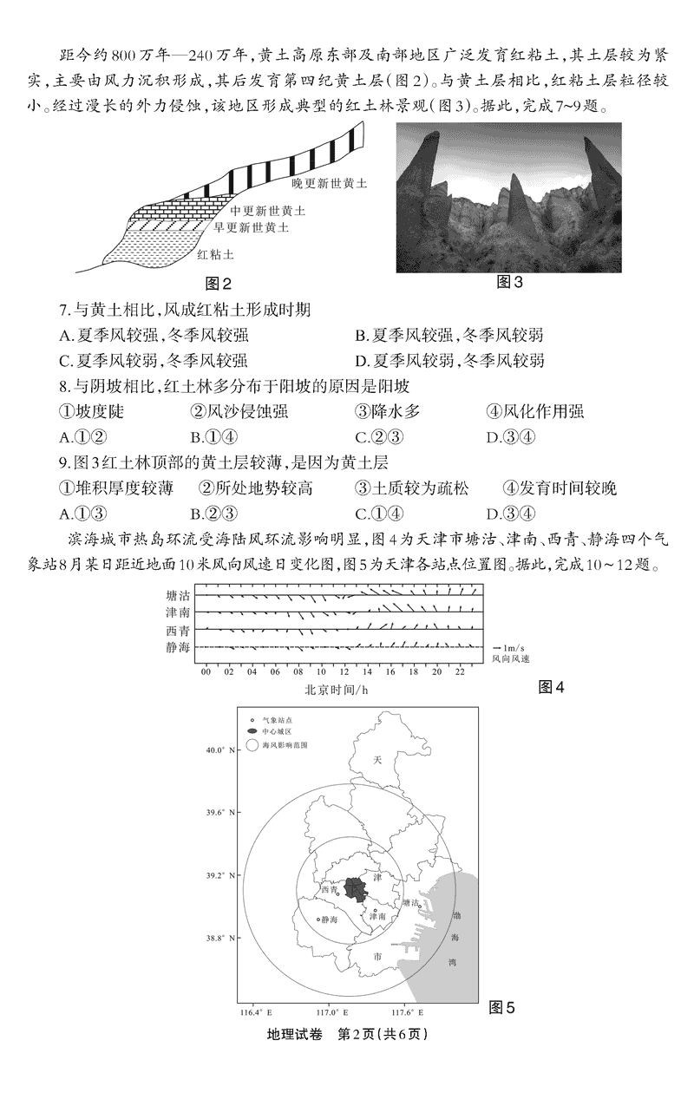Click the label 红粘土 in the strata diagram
click(215, 255)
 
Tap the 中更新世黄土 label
click(268, 211)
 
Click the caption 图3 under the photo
click(509, 283)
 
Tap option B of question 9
click(196, 514)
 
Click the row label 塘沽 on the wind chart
click(177, 596)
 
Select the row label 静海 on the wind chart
click(177, 647)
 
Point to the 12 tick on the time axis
click(344, 671)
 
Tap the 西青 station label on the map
click(330, 889)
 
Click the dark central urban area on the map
click(355, 887)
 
